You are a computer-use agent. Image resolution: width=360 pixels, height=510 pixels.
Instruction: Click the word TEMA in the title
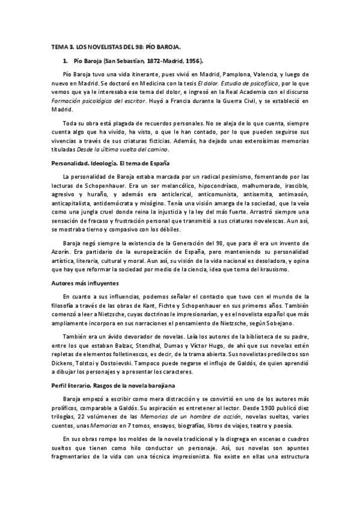click(58, 46)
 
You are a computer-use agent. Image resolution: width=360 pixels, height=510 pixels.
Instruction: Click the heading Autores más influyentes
click(84, 282)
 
